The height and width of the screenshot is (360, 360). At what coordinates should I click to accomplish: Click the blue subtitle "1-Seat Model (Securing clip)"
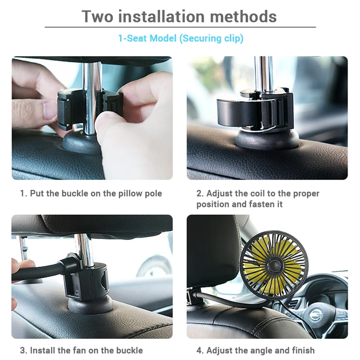pos(180,38)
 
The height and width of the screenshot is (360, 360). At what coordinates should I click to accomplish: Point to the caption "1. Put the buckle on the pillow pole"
pos(91,193)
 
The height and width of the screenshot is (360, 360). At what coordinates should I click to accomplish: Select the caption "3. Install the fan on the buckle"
pos(81,350)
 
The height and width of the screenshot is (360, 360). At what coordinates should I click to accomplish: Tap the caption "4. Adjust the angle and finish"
pos(255,350)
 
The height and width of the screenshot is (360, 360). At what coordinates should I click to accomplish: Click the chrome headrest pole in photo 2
pos(263,72)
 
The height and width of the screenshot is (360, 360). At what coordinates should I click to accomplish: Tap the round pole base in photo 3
pos(90,305)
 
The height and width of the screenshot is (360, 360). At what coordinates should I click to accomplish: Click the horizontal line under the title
pos(180,27)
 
